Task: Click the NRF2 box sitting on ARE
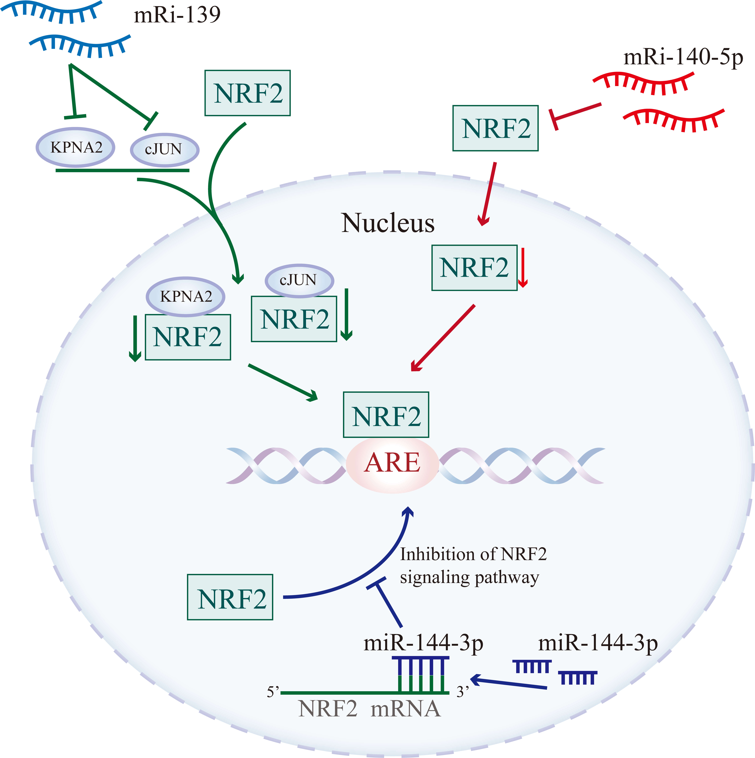point(386,415)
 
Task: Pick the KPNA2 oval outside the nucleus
point(76,148)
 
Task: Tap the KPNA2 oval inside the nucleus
point(186,297)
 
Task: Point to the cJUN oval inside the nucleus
point(299,280)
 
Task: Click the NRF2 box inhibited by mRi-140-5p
point(495,128)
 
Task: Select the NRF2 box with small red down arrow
point(474,268)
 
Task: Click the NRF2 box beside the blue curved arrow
point(230,597)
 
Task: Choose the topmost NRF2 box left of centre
point(247,93)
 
